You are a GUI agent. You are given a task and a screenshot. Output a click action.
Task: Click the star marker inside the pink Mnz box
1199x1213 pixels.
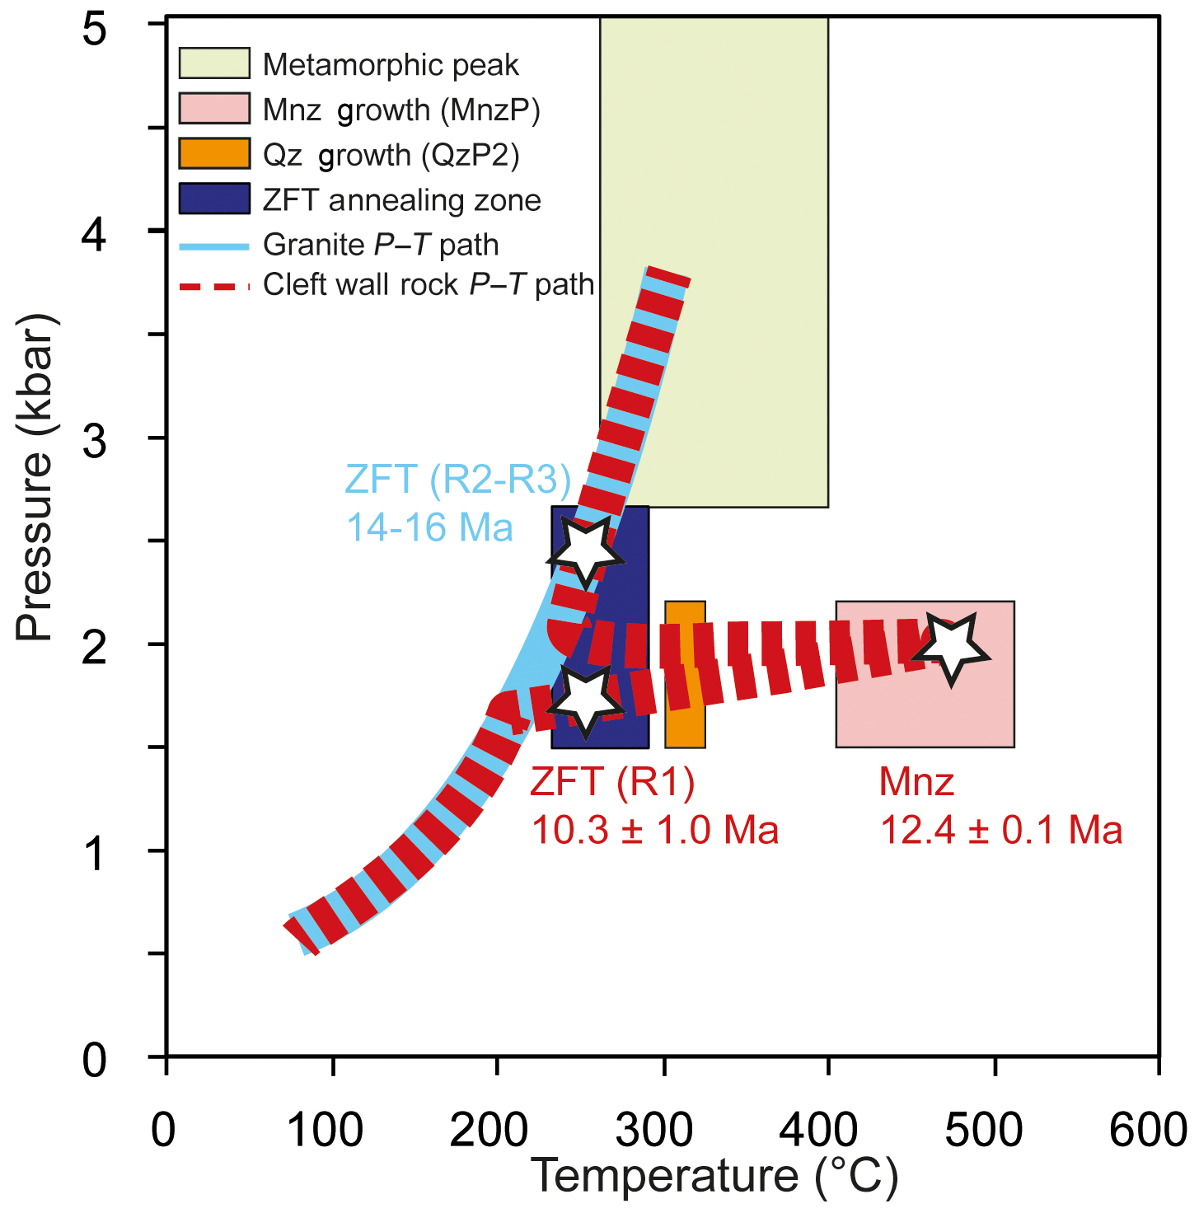tap(952, 648)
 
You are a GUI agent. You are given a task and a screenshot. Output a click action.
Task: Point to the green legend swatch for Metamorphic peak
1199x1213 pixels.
tap(214, 63)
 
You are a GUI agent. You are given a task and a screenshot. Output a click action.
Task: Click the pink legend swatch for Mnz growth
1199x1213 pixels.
tap(214, 109)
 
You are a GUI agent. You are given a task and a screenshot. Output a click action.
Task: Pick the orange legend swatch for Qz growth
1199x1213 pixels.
tap(214, 154)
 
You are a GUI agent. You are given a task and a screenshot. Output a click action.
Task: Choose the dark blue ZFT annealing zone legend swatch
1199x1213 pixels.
tap(214, 199)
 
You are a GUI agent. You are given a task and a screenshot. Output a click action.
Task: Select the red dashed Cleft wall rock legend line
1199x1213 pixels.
tap(214, 286)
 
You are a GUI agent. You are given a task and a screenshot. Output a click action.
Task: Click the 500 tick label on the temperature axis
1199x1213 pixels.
tap(984, 1131)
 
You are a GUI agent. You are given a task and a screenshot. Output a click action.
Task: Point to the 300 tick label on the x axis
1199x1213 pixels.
tap(654, 1131)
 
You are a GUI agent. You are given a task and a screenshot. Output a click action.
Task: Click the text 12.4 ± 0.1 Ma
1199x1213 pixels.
tap(1001, 829)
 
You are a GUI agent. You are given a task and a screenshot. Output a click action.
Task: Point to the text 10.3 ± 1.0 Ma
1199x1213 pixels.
tap(655, 829)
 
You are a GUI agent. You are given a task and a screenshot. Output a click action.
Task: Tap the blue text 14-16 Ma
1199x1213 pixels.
tap(429, 527)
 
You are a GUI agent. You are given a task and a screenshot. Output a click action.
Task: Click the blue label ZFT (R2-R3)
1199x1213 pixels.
tap(458, 479)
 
